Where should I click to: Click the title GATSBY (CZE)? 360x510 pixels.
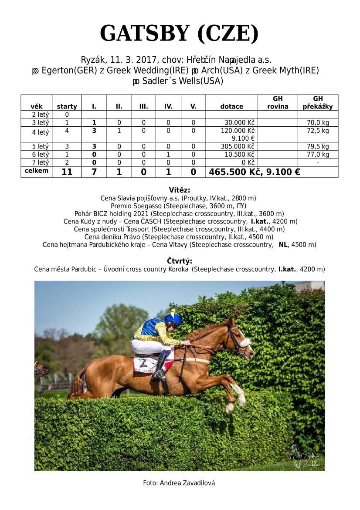coord(179,34)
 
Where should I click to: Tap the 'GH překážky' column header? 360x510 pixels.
coord(318,103)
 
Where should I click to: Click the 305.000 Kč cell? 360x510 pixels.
coord(238,146)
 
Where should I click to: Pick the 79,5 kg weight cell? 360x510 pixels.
coord(318,146)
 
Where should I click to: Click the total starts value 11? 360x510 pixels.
coord(67,172)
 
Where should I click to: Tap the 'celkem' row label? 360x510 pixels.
coord(37,171)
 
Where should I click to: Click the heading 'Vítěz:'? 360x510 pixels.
coord(179,190)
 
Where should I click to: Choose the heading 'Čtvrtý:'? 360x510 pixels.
coord(179,261)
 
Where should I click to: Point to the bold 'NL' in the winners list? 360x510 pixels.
coord(283,245)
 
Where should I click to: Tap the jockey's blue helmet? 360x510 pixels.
coord(173,317)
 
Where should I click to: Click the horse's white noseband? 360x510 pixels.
coord(245,343)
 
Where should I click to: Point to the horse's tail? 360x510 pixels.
coord(78,382)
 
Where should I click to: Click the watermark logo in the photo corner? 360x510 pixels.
coord(306,457)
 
